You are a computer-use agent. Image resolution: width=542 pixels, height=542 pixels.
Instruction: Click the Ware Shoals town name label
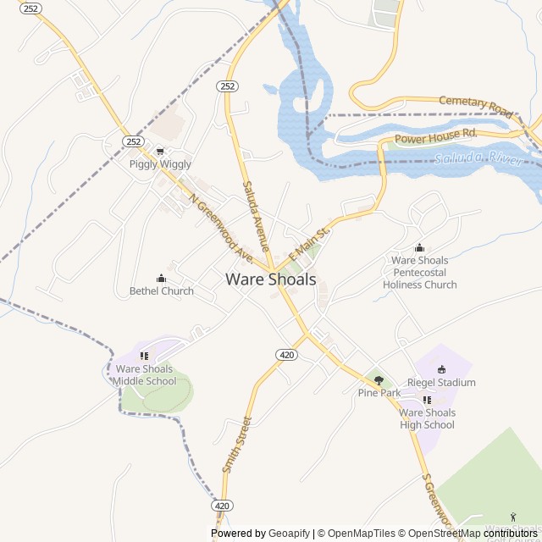tap(271, 279)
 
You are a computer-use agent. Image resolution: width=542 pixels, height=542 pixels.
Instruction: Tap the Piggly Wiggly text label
tap(160, 164)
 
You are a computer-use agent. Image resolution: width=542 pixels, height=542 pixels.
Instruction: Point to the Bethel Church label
tap(161, 291)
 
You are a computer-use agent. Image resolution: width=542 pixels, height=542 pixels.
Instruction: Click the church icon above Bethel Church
tap(161, 279)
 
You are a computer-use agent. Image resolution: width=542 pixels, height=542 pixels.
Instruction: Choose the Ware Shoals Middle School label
tap(144, 375)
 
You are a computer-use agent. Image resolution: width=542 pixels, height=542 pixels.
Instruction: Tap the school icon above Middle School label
tap(144, 357)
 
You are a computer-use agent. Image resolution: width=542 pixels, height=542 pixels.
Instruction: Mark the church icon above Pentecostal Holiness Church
tap(419, 248)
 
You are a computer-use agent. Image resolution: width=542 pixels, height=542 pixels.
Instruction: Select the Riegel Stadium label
tap(441, 383)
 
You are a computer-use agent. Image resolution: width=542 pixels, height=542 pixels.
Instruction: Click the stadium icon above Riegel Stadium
tap(441, 369)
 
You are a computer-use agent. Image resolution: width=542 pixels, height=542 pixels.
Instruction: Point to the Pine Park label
tap(379, 393)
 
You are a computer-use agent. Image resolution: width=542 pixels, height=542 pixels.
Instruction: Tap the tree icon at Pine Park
tap(379, 380)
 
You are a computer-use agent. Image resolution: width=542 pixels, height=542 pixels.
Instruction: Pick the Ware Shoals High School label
tap(427, 418)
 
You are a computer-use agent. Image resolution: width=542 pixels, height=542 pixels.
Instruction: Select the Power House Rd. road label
tap(436, 135)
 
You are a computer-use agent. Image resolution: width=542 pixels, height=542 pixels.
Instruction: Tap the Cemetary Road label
tap(476, 105)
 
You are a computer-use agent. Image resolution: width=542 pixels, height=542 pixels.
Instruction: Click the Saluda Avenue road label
tap(256, 216)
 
